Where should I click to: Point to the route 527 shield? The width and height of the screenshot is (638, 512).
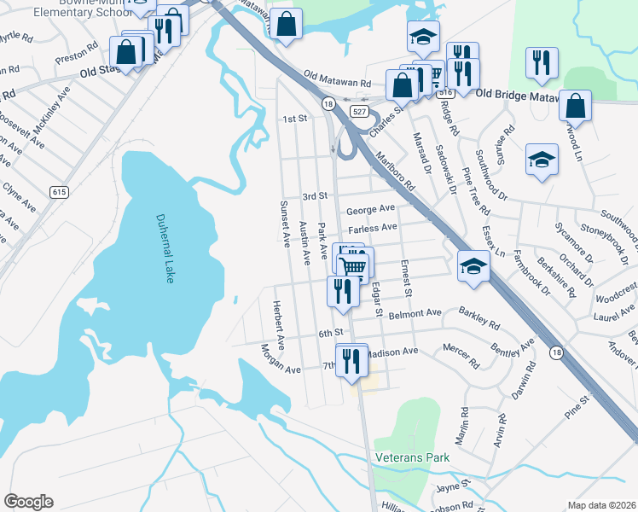(x=359, y=112)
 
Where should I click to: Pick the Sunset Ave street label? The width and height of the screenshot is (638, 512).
(x=286, y=224)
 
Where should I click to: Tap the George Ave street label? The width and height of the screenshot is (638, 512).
(x=370, y=209)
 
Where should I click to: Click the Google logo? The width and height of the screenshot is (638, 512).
(x=29, y=502)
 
